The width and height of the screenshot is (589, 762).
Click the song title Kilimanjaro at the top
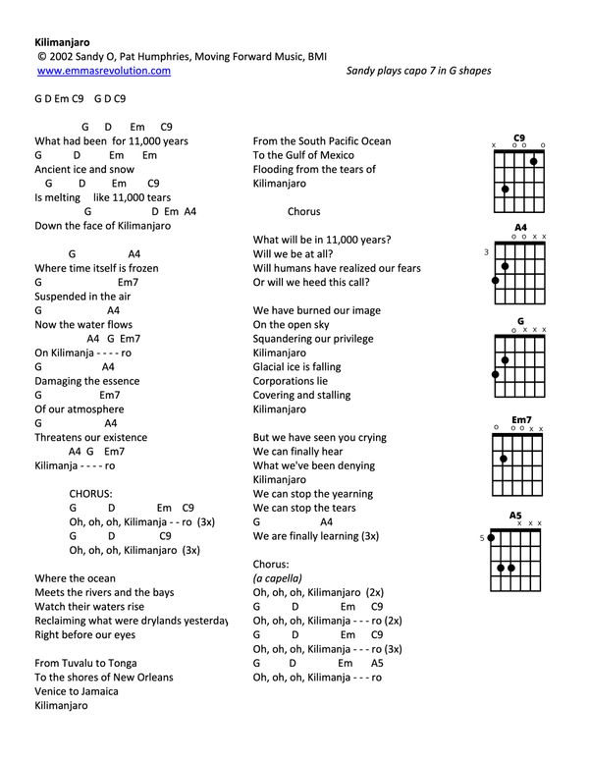coord(62,43)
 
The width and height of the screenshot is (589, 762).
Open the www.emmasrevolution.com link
coord(104,72)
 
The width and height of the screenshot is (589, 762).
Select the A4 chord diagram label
coord(520,228)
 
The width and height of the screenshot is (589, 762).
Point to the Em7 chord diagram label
coord(521,419)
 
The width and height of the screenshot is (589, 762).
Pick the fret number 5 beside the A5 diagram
coord(482,538)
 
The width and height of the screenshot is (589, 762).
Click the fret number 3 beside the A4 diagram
coord(486,252)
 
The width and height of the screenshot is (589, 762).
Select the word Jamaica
coord(95,691)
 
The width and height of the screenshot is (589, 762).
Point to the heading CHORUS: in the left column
coord(91,493)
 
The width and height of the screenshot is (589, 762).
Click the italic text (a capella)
coord(278,578)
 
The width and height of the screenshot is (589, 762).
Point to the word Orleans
coord(151,678)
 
